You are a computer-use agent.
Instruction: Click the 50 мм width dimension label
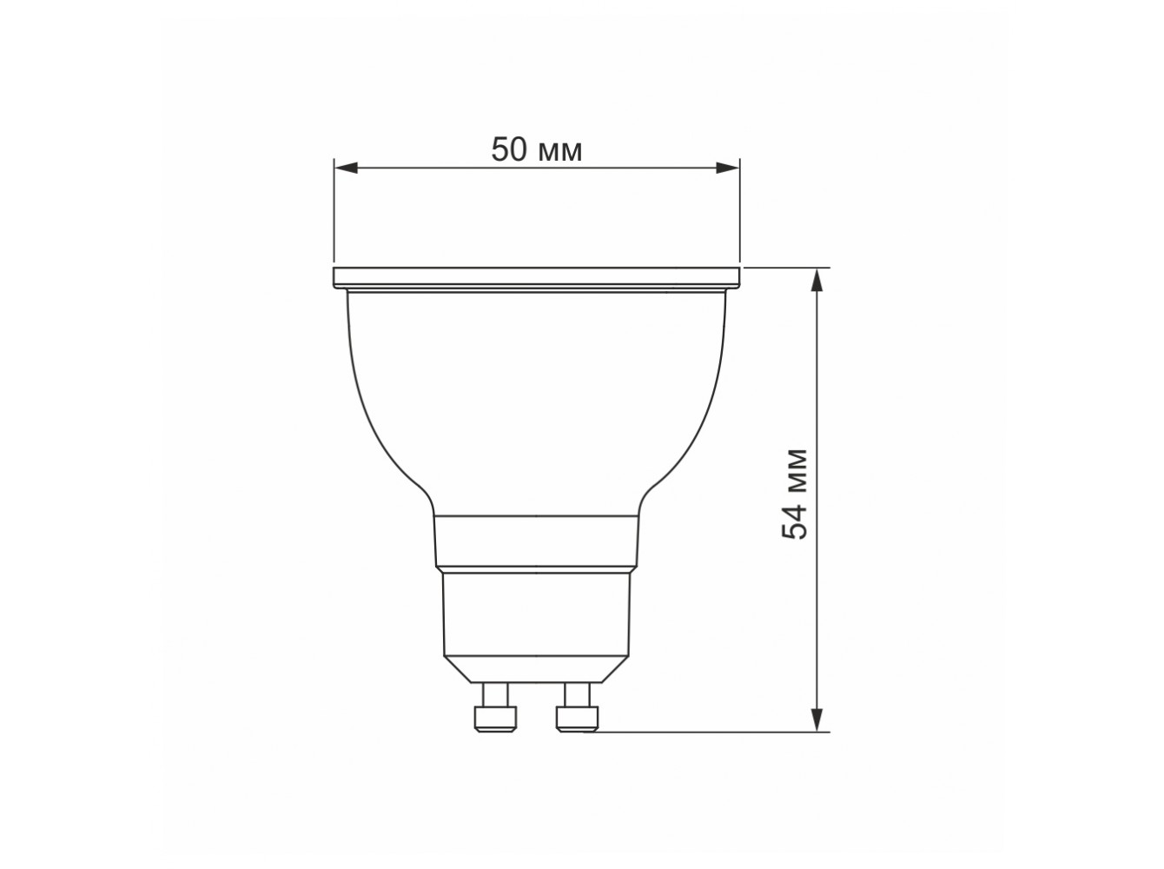[536, 149]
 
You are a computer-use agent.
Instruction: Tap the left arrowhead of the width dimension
[346, 168]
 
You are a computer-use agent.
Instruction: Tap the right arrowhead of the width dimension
[727, 168]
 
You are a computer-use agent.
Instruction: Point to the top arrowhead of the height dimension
[817, 280]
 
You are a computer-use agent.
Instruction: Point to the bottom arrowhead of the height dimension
[817, 720]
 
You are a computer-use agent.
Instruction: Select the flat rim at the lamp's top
[536, 278]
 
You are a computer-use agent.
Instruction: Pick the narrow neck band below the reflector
[536, 541]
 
